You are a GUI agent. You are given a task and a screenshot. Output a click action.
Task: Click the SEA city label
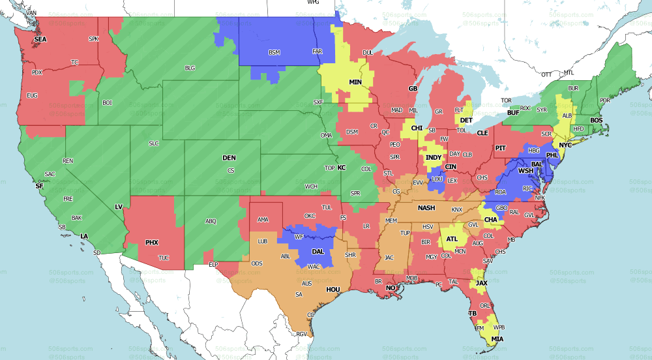coord(40,39)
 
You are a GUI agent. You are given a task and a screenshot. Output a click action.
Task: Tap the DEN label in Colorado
coord(229,158)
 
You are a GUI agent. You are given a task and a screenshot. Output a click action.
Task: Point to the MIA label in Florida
coord(497,339)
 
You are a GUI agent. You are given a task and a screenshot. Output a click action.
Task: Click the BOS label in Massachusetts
coord(596,121)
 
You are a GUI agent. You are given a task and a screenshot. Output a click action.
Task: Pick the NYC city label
coord(565,145)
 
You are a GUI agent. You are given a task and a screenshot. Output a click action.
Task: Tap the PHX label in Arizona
coord(151,243)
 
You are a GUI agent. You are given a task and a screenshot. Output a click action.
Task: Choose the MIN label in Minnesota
coord(355,82)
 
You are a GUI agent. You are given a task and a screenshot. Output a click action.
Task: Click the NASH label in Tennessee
coord(426,208)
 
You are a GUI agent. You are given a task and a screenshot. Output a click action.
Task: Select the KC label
coord(341,168)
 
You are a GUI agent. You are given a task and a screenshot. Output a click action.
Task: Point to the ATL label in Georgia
coord(451,239)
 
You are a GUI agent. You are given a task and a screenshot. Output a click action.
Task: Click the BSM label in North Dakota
coord(274,52)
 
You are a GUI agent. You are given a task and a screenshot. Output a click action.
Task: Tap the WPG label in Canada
coord(313,3)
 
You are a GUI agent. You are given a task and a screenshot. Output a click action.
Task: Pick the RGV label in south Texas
coord(301,334)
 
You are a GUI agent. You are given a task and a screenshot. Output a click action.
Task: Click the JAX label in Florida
coord(481,283)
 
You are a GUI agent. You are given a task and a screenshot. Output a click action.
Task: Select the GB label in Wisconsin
coord(412,88)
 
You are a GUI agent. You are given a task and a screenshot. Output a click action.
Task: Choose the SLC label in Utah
coord(154,143)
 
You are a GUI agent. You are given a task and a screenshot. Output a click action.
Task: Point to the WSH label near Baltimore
coord(526,171)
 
